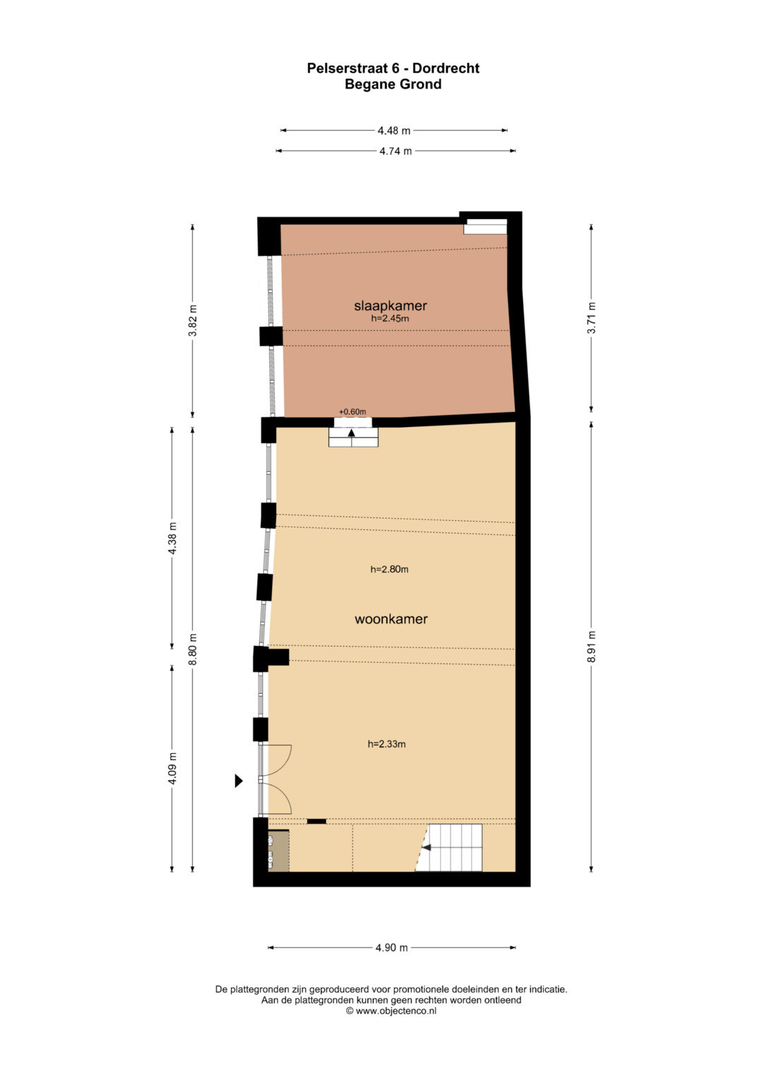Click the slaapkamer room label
(x=390, y=305)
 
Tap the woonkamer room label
(x=391, y=619)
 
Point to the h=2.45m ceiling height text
(x=390, y=318)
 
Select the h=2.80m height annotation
(x=389, y=569)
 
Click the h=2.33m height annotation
(x=386, y=744)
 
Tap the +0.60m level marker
(x=352, y=412)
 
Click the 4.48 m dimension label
(x=394, y=131)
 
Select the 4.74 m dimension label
(x=396, y=151)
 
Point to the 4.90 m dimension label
(x=391, y=948)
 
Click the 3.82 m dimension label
(x=193, y=320)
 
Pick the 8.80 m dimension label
(x=193, y=649)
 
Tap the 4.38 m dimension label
(x=172, y=538)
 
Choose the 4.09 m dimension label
(x=172, y=768)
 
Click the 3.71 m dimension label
(x=591, y=317)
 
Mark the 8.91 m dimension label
(x=591, y=647)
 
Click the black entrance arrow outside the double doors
(x=239, y=781)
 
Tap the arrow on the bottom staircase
(x=427, y=847)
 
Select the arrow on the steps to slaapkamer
(x=352, y=433)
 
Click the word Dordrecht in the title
(x=446, y=69)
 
